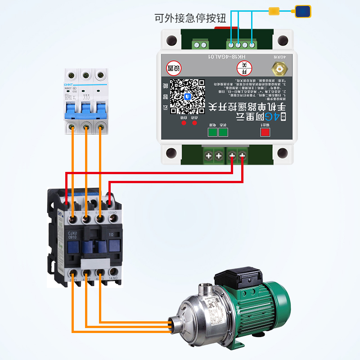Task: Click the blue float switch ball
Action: [302, 11]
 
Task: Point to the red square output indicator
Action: [265, 132]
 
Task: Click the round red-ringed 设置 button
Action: [175, 68]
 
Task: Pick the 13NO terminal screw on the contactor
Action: [113, 219]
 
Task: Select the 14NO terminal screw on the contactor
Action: [112, 272]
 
